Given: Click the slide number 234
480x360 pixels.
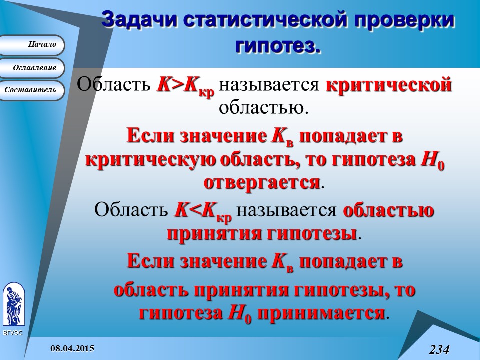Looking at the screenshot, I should (x=439, y=349).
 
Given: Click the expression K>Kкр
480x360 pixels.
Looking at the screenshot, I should (x=185, y=86).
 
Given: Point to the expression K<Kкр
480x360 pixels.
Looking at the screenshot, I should (x=202, y=211).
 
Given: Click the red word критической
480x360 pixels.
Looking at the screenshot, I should (x=388, y=85).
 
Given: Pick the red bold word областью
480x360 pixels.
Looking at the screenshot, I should (x=388, y=210).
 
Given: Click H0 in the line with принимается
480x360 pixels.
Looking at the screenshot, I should (x=239, y=314).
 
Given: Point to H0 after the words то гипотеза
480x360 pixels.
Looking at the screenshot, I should (x=433, y=161).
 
